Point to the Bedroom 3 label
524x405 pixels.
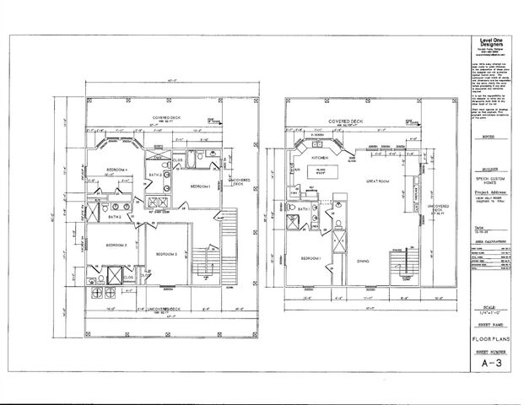tap(116, 245)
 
